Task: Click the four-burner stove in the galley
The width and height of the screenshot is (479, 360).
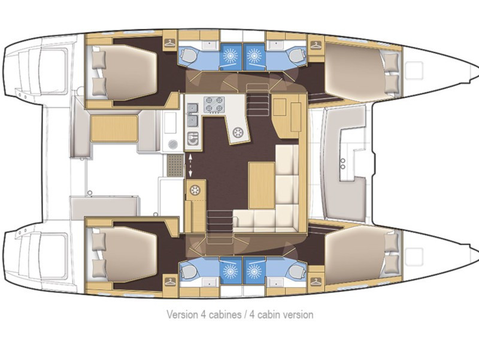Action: (x=214, y=104)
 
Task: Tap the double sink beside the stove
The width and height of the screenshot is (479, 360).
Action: (x=193, y=114)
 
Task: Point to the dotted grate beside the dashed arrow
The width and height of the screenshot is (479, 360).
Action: (x=174, y=162)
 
